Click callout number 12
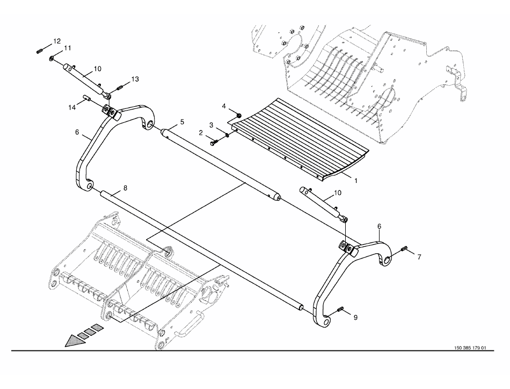coord(56,41)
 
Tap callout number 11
coord(67,48)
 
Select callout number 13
coord(134,79)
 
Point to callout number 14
coord(72,107)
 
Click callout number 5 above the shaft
coord(182,122)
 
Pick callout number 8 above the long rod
coord(125,188)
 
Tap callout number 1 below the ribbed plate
coord(354,181)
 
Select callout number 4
coord(224,106)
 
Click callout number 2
coord(200,132)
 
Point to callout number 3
coord(212,125)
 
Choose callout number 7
coord(419,257)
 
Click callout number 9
coord(354,317)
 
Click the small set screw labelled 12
coord(40,51)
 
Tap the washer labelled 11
coord(51,58)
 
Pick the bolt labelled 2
coord(214,142)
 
